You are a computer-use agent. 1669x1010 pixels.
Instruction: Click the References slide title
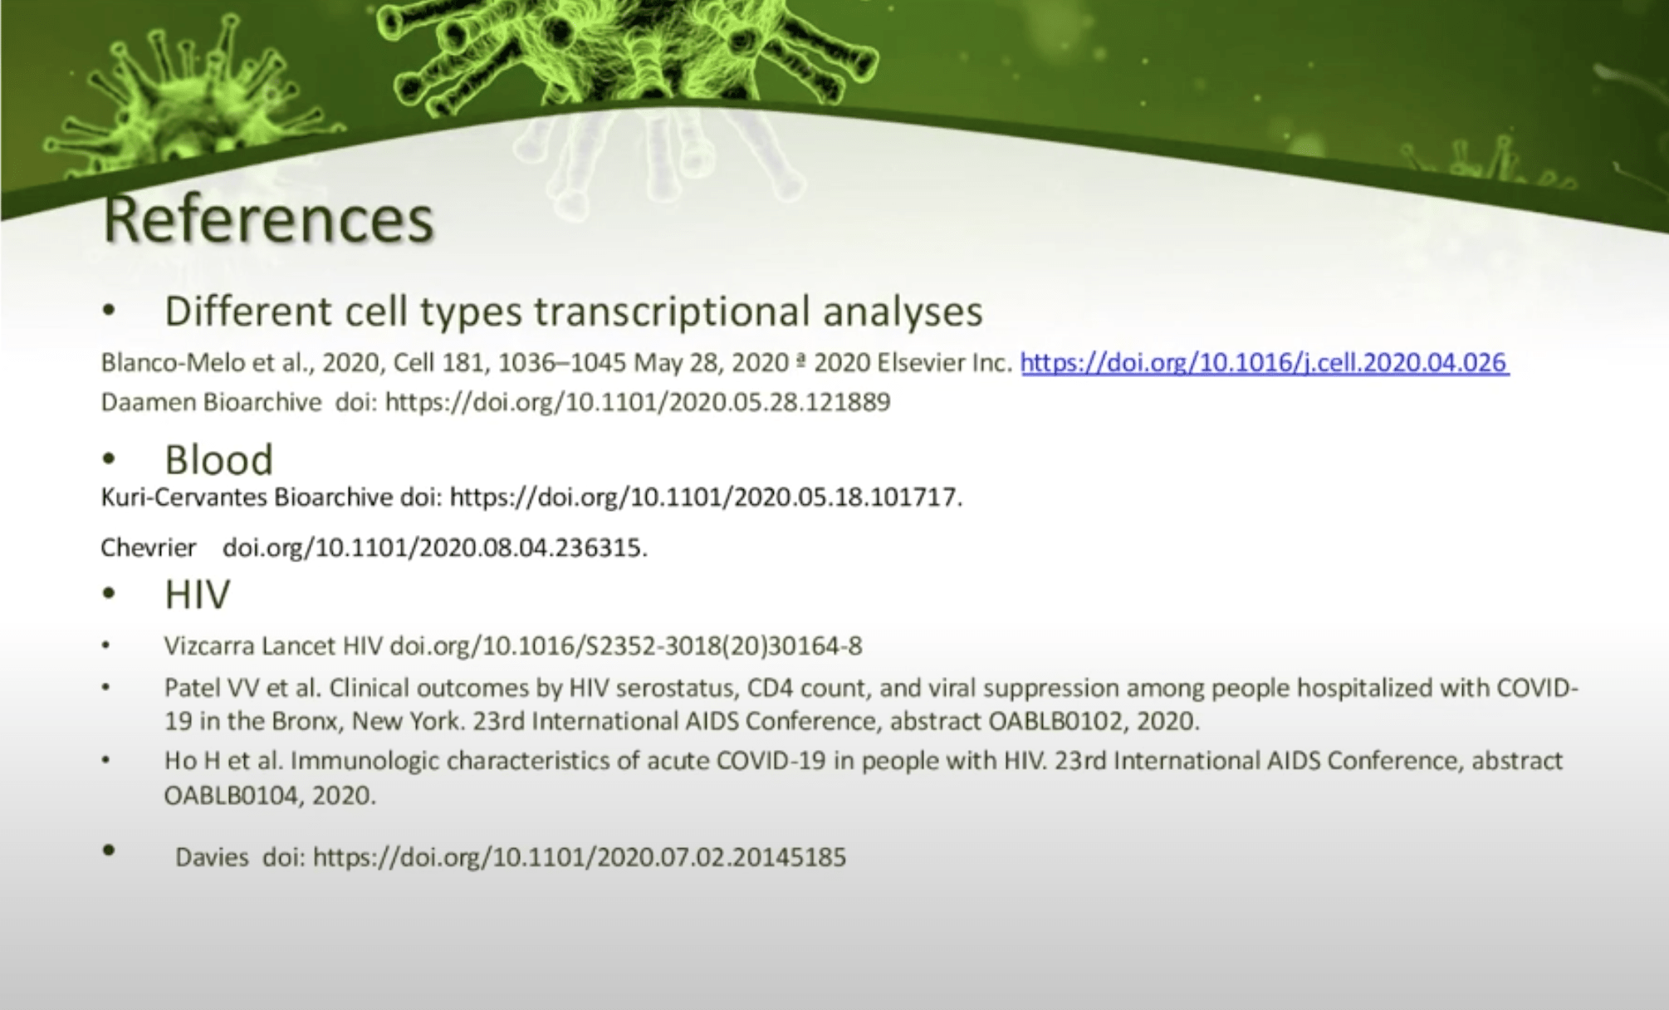(268, 219)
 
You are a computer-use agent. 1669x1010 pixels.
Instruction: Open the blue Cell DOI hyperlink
(1265, 363)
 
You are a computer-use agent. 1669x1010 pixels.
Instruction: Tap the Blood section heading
(218, 459)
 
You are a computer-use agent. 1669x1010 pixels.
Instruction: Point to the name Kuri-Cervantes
(184, 497)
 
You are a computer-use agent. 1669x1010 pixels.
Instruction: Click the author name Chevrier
(148, 547)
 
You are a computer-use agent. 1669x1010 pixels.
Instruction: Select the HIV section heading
(198, 594)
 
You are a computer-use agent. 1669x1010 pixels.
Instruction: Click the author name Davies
(212, 857)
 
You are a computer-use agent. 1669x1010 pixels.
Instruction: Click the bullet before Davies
(109, 851)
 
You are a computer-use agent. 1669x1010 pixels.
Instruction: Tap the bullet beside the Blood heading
(109, 459)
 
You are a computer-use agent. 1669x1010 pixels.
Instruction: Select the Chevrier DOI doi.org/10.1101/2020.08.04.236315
(435, 547)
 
